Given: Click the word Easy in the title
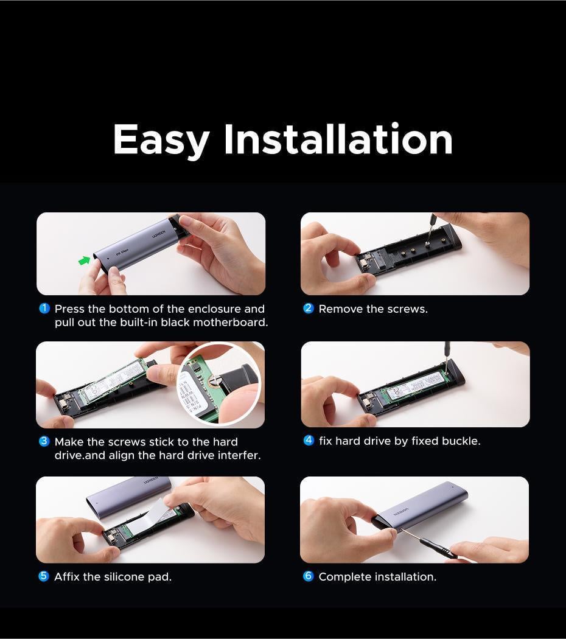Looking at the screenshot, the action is (161, 140).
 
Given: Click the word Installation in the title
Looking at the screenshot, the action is (338, 139).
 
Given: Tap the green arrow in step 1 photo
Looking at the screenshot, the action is (85, 260).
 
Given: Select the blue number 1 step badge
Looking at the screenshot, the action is (44, 309).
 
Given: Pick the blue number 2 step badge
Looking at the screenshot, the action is (309, 308).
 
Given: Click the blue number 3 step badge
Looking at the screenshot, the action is (44, 441).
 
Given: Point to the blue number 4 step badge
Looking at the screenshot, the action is (309, 440).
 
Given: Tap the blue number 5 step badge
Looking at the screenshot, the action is (44, 576).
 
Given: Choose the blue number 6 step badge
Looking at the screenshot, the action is (309, 576).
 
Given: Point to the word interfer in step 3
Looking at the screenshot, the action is (239, 455).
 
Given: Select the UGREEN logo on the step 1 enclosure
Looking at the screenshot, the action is (159, 234).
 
